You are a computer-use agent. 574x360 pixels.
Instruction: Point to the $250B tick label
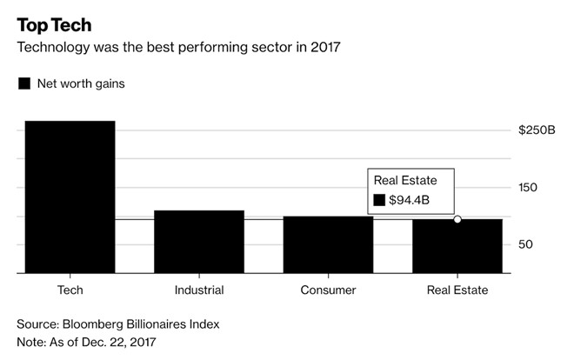point(537,130)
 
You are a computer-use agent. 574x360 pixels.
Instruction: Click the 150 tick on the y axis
point(527,188)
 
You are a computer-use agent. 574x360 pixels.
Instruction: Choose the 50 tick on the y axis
point(524,245)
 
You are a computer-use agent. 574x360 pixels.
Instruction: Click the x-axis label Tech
point(70,290)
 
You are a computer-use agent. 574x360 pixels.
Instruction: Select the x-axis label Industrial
point(198,290)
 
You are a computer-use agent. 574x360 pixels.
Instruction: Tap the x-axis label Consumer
point(328,290)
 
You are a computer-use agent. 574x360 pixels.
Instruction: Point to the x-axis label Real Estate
point(457,290)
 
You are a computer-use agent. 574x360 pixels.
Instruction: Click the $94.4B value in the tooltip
point(410,201)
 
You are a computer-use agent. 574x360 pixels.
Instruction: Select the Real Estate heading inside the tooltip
point(405,180)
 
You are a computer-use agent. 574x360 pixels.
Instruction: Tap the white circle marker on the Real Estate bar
point(457,219)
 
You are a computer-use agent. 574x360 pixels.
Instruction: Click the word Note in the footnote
point(31,342)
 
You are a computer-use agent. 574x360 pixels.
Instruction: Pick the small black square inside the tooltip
point(379,201)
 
